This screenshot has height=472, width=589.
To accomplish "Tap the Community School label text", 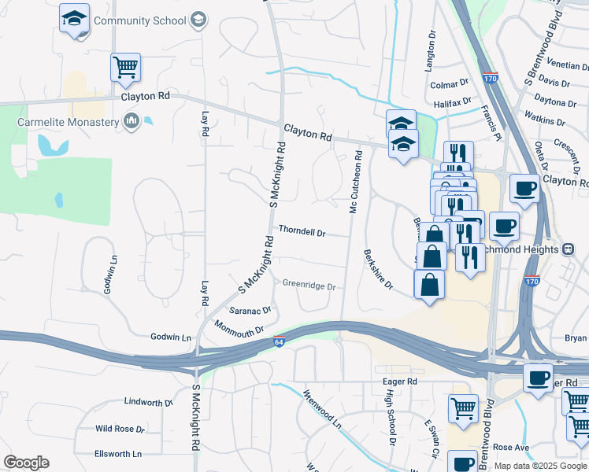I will (139, 19).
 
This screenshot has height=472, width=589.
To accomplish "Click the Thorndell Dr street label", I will (302, 232).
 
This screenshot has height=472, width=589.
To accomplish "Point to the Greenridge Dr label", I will (309, 286).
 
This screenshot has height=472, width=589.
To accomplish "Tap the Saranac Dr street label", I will (250, 310).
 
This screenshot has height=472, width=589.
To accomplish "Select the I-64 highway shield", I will (280, 341).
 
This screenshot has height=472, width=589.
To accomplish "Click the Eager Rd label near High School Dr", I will (399, 382).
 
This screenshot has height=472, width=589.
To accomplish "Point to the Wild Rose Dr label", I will (120, 430).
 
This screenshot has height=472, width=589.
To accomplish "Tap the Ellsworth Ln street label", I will (118, 454).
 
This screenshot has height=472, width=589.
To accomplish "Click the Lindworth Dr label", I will (148, 402).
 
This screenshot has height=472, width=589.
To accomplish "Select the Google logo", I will (26, 463).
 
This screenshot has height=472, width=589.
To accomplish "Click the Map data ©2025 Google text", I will (541, 466).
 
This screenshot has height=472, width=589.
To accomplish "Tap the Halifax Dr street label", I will (452, 101).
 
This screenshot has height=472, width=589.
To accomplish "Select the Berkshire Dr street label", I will (378, 270).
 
